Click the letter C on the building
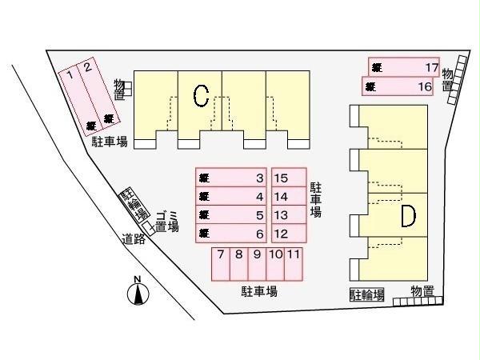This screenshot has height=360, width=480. click(201, 96)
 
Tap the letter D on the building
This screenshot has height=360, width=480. click(407, 216)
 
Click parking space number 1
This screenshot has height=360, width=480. click(78, 97)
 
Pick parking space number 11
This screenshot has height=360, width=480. click(294, 264)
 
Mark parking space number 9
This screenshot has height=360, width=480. click(257, 264)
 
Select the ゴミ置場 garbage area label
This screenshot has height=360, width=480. click(165, 221)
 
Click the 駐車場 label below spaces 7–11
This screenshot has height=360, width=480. click(259, 292)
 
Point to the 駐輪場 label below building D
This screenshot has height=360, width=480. click(366, 294)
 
